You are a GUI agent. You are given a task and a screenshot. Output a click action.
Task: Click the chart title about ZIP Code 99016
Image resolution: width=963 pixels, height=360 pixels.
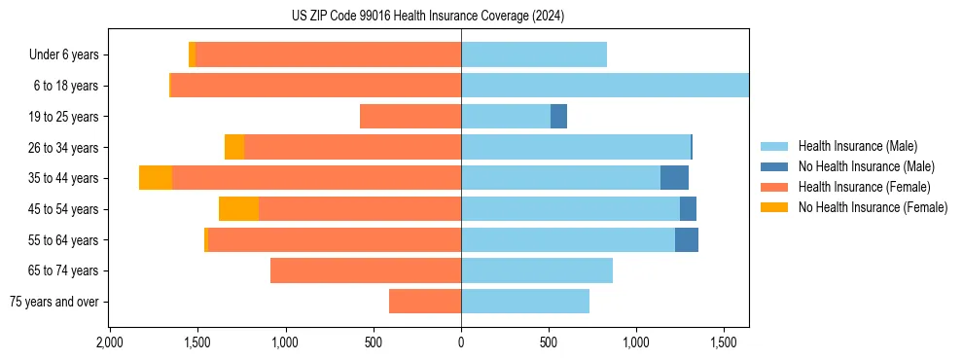coord(427,17)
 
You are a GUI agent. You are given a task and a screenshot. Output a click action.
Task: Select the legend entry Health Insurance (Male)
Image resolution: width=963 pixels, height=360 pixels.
coord(857,146)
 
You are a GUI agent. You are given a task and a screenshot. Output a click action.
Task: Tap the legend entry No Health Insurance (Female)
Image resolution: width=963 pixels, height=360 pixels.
coord(873,207)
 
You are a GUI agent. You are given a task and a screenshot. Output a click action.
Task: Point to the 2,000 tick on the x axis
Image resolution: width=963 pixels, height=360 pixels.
coord(109,343)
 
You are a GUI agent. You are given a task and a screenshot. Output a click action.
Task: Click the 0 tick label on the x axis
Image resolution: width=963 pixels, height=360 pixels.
coord(461,343)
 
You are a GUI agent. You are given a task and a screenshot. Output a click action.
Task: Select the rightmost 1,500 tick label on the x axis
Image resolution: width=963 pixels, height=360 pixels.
coord(724,343)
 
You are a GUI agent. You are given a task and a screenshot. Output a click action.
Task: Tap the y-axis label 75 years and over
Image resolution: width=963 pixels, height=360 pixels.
coord(54,302)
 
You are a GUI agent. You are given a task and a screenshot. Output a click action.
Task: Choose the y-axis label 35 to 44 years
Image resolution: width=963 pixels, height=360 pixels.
coord(65,178)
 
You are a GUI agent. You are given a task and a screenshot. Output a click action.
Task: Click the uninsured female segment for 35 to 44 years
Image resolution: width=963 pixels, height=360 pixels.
coord(156,178)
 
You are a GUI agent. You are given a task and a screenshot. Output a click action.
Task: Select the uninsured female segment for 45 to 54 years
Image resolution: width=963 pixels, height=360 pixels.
coord(238,209)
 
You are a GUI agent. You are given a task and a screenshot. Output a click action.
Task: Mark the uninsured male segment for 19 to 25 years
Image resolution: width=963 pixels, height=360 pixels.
coord(558,117)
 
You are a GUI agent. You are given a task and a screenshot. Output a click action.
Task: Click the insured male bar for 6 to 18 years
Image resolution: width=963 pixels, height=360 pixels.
coord(604,86)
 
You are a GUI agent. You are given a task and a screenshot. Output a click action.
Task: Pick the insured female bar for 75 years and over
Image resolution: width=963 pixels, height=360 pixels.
coord(425,302)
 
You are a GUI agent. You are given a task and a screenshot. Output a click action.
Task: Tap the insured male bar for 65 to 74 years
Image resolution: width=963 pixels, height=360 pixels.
coord(537,270)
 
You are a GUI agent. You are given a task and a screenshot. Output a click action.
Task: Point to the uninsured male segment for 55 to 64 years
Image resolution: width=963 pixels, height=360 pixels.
coord(687,239)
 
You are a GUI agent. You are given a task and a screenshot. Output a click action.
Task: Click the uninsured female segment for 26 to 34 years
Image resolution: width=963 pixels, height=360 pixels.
coord(234,147)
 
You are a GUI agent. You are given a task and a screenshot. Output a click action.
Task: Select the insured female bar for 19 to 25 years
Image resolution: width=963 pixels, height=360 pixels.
coord(410,117)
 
